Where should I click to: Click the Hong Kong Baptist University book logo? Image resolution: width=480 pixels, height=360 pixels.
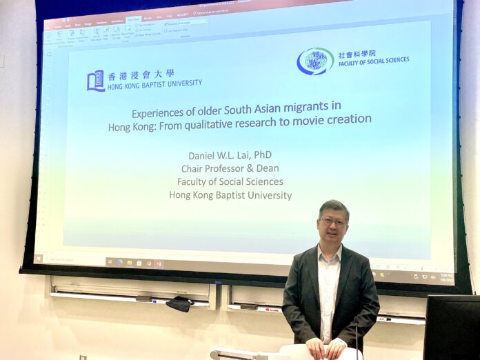(95, 81)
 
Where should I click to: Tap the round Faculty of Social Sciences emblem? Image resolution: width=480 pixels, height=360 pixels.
(315, 61)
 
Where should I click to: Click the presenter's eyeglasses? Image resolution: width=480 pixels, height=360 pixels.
(334, 222)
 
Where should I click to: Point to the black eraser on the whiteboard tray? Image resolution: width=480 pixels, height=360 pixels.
(179, 303)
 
